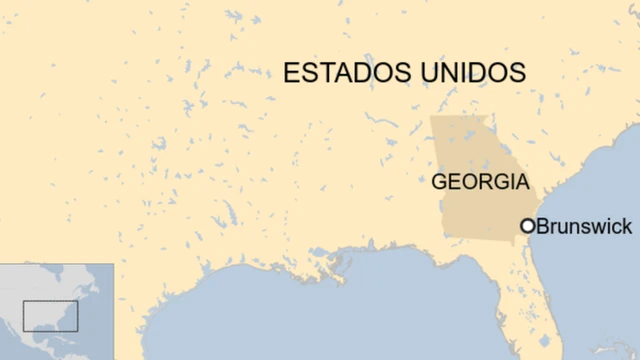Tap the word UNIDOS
point(475,73)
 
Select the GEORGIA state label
point(479,182)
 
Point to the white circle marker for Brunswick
point(527,227)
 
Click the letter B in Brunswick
point(543,227)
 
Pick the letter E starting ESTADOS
point(291,73)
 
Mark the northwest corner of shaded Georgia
point(431,118)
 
